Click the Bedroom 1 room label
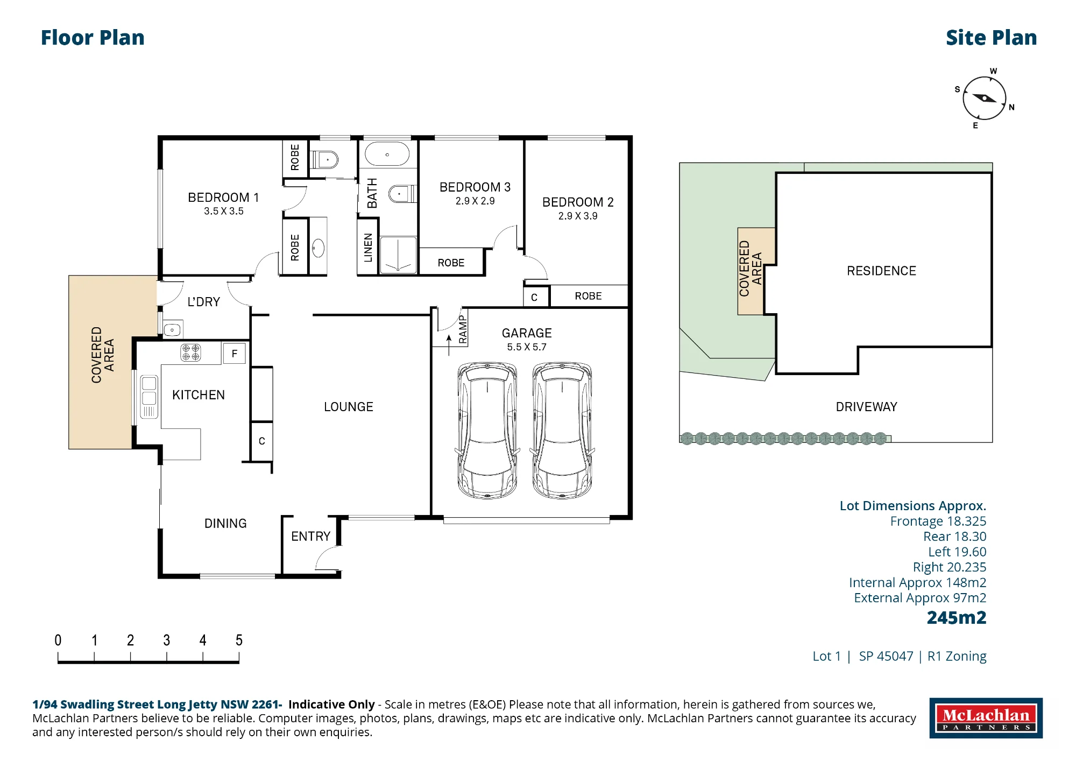[223, 198]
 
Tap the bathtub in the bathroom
[387, 154]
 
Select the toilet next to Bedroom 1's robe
[324, 160]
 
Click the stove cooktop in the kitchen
[190, 353]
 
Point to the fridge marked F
[235, 354]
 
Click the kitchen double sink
[149, 397]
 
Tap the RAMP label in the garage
[463, 329]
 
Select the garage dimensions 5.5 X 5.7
[527, 347]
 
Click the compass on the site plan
[984, 98]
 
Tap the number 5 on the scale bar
[239, 640]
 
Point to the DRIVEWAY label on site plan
[866, 407]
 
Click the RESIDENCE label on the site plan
[881, 271]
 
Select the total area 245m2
[957, 617]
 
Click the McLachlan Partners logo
[986, 718]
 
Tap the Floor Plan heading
[93, 38]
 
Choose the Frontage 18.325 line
[938, 521]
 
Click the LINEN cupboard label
[368, 248]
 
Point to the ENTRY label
[310, 536]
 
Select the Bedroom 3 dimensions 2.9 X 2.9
[475, 201]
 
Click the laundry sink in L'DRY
[172, 329]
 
